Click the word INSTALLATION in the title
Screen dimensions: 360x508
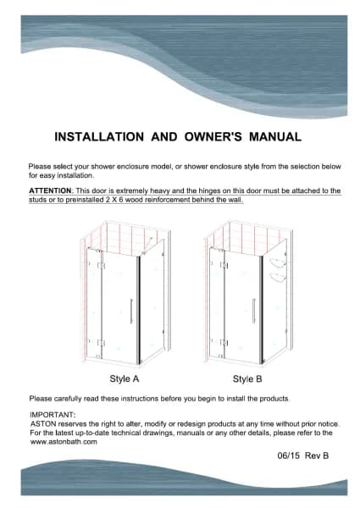(99, 136)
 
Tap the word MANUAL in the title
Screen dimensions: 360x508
(275, 136)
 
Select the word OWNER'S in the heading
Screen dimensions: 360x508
(213, 136)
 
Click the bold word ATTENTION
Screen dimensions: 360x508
(50, 190)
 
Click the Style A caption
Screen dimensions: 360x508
(125, 378)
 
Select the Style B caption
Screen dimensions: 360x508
(247, 378)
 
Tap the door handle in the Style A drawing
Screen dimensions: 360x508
(131, 311)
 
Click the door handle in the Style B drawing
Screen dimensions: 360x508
(253, 311)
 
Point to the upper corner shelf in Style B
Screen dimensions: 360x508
(278, 262)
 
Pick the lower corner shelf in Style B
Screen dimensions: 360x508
(278, 277)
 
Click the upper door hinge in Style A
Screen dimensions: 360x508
(102, 266)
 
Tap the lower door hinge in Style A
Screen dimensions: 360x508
(102, 343)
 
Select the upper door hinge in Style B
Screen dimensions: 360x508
(224, 265)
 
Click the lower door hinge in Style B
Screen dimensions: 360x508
(224, 342)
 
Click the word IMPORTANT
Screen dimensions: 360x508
(53, 415)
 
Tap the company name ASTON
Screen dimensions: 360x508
(43, 424)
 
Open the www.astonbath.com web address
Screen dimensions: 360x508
(64, 442)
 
